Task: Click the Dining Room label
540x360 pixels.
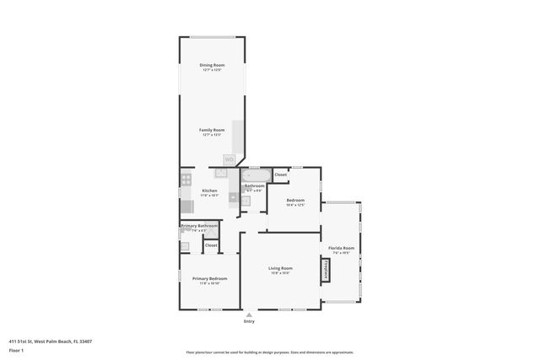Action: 212,65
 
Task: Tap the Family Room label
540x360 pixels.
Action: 212,130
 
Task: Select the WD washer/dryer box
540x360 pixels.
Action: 229,159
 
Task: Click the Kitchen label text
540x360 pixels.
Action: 209,191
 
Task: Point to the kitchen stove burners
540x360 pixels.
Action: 186,179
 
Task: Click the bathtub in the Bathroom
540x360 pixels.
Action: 255,175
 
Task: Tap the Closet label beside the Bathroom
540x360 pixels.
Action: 280,175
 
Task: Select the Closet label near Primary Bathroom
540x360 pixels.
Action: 211,245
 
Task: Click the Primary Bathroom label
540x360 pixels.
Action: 199,226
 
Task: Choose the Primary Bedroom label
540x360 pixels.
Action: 209,278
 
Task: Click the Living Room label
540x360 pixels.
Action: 280,268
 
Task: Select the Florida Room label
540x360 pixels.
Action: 342,248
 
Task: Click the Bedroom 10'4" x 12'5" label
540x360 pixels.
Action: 294,200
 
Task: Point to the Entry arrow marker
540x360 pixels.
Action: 249,314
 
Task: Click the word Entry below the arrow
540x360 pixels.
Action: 249,321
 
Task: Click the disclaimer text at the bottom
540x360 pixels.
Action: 270,352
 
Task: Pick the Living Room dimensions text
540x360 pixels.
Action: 280,273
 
